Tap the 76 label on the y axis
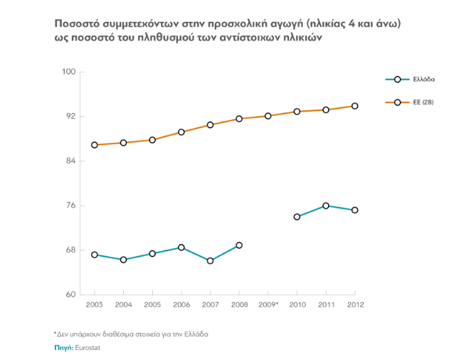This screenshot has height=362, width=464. coord(70,206)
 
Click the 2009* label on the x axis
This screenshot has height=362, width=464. coord(268,305)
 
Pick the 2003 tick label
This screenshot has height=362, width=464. coord(94,305)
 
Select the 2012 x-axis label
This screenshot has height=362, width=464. coord(354,305)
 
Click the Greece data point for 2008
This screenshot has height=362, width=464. coord(239,245)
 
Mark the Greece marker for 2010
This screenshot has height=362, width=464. coord(297,217)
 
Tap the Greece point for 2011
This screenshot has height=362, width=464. coord(326,206)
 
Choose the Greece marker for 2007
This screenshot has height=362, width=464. coord(210,261)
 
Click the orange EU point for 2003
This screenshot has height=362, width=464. coord(94,145)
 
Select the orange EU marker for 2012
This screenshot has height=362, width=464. coord(354,106)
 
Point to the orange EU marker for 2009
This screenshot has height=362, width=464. coord(268,116)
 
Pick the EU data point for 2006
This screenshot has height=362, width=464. coord(181,132)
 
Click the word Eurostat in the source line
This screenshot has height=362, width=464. coord(88,348)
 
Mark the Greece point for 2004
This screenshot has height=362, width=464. coord(123,260)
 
